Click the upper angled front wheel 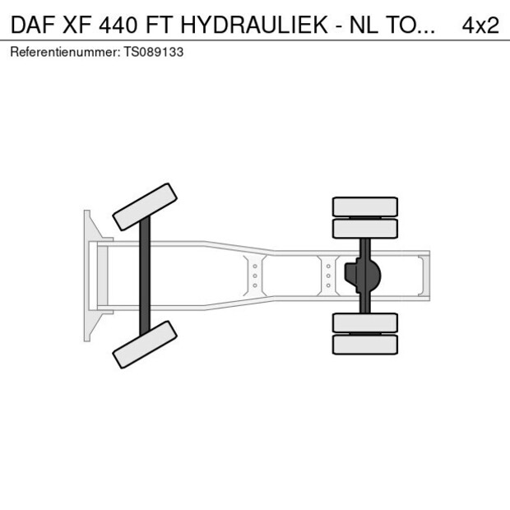click(x=145, y=206)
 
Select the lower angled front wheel click(x=145, y=344)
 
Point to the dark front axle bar click(x=145, y=276)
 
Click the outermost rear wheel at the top click(x=364, y=206)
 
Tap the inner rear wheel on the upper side click(x=364, y=228)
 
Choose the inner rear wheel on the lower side click(x=364, y=322)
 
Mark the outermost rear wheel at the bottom click(x=364, y=344)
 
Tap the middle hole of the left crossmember click(x=255, y=276)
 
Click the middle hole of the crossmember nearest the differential click(x=328, y=276)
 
